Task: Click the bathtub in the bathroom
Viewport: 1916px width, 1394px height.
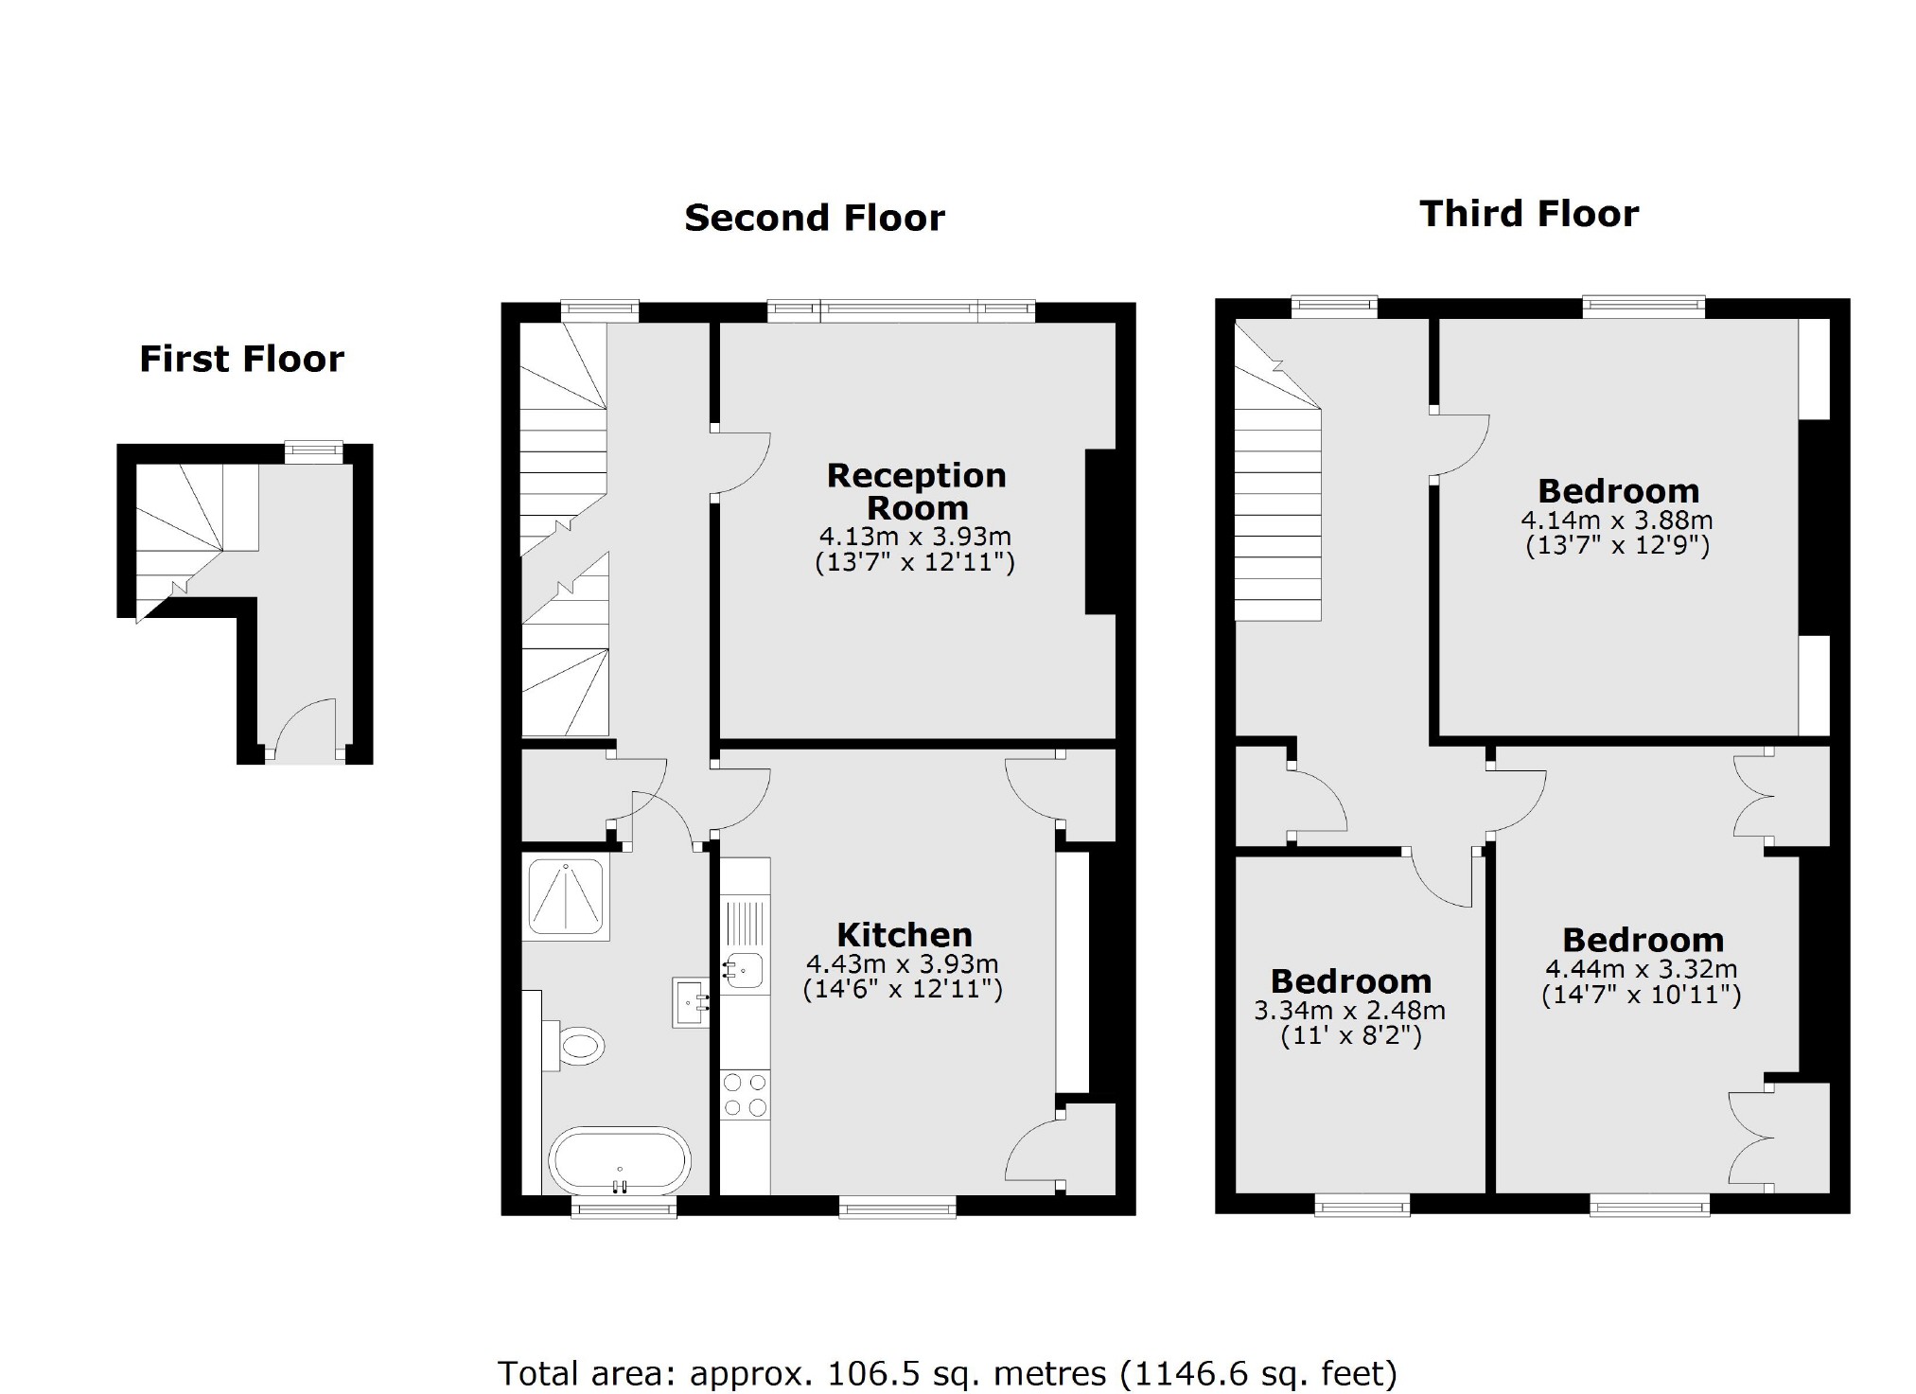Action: click(x=621, y=1160)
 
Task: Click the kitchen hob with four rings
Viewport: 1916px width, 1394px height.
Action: click(x=745, y=1095)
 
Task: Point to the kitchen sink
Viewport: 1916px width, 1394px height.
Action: click(x=746, y=969)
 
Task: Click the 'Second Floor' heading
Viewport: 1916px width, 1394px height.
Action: click(x=814, y=219)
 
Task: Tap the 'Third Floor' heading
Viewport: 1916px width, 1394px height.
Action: click(x=1528, y=214)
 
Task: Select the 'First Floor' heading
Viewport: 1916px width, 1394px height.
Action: click(x=241, y=360)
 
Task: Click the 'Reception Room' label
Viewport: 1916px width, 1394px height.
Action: click(x=916, y=491)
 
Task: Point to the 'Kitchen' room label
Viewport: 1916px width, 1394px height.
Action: click(x=904, y=935)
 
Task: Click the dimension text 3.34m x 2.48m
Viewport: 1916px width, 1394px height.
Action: click(x=1349, y=1011)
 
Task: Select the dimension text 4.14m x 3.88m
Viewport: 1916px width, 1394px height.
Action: click(x=1616, y=521)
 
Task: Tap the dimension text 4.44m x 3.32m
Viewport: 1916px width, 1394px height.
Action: click(x=1641, y=969)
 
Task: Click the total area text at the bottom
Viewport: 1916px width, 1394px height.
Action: click(x=946, y=1372)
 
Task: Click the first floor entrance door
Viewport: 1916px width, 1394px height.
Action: click(x=305, y=731)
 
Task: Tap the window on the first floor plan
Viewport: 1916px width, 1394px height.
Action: click(x=314, y=452)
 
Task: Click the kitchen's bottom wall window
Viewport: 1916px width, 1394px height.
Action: click(x=896, y=1206)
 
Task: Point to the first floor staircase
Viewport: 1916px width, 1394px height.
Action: click(x=189, y=530)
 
